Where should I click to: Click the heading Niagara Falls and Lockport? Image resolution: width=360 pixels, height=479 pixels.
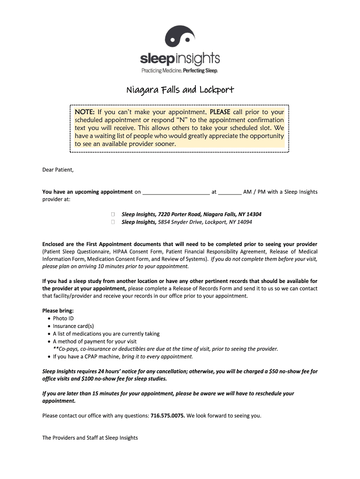point(180,90)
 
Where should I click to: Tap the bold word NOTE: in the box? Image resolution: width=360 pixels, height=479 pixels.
point(85,112)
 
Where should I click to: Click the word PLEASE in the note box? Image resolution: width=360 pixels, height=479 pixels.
point(220,112)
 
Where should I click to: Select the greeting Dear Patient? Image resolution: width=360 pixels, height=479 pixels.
point(58,169)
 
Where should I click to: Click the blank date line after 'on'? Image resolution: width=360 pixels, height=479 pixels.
point(176,192)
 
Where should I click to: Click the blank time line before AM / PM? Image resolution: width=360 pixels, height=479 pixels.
point(230,192)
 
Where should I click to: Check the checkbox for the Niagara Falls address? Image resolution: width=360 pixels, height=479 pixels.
point(113,214)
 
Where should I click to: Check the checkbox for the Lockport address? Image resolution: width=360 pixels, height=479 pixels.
point(113,222)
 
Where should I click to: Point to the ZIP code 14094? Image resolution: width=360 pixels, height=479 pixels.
point(244,222)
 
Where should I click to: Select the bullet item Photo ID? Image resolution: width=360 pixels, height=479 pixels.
point(63,319)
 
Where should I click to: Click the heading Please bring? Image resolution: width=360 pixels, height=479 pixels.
point(58,311)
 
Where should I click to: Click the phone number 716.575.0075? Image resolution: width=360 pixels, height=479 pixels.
point(168,415)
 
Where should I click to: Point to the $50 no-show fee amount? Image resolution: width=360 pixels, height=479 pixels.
point(274,371)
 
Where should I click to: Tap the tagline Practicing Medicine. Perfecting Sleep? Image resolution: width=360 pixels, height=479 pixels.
point(180,70)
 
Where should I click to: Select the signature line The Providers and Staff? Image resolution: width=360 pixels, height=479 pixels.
point(90,438)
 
